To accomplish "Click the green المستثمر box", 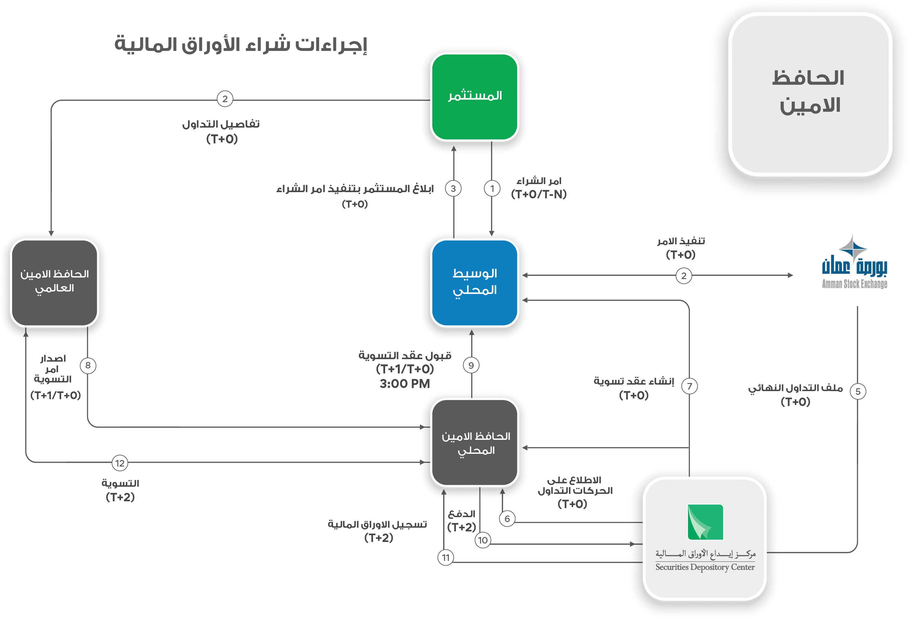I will pos(475,97).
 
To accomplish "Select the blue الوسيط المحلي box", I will pos(475,282).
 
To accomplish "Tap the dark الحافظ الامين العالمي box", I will pos(54,282).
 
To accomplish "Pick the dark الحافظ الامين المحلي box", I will pos(475,442).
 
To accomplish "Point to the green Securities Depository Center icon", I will pos(705,522).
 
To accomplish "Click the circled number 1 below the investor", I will pos(492,188).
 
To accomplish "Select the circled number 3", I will pos(453,188).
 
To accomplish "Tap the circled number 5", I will pos(858,391).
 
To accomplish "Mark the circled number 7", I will pos(689,386).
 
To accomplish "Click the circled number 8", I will pos(88,365).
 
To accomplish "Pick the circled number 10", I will pos(483,540).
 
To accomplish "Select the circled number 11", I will pos(446,557).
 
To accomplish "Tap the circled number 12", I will pos(120,463).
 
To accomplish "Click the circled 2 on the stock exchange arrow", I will pos(683,276).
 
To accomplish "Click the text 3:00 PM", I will pos(404,384).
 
